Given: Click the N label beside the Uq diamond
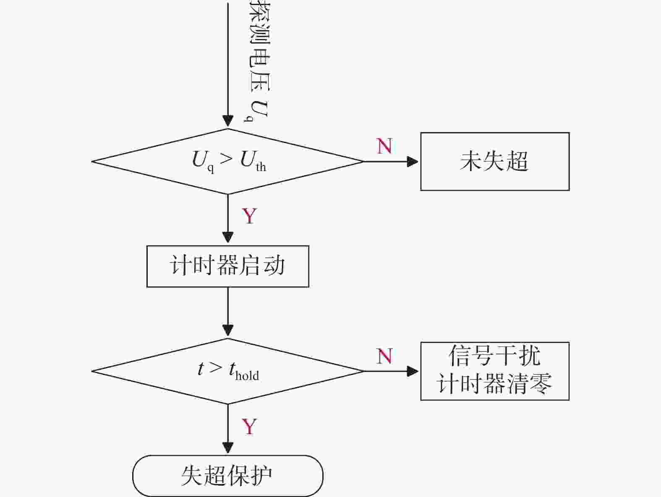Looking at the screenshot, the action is point(384,146).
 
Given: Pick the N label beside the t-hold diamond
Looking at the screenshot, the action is point(384,356).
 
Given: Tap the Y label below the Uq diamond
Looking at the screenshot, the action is point(249,216).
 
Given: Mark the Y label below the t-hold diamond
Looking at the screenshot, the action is point(249,427).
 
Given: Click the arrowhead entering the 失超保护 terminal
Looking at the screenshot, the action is point(228,448).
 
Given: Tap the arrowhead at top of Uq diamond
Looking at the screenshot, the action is point(228,121).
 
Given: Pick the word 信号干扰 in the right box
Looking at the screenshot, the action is point(494,356).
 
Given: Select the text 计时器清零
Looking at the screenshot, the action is point(494,384).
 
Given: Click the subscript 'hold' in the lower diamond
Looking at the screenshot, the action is point(247,376).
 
